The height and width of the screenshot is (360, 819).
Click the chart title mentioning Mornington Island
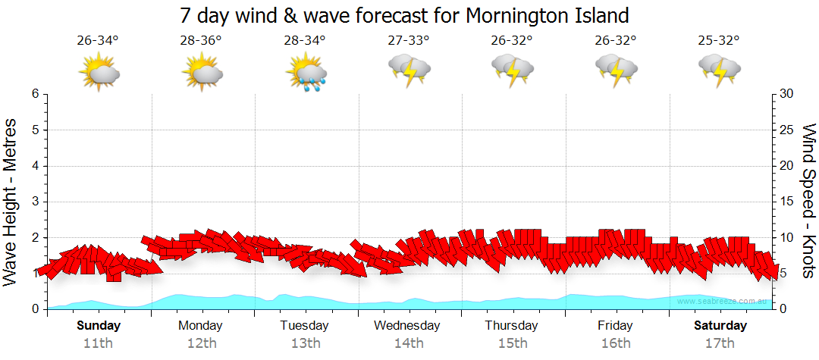tap(404, 15)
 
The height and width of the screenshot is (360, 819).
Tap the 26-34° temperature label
tap(98, 40)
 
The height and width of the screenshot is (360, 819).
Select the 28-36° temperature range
tap(201, 40)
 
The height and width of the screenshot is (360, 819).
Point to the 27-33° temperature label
tap(408, 40)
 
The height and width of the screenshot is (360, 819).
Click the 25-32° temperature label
tap(718, 40)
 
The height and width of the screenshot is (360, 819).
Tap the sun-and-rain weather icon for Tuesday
tap(306, 73)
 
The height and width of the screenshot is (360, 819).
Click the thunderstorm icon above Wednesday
tap(409, 70)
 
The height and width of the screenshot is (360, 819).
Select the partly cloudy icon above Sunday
tap(99, 73)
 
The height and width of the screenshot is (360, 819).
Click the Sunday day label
tap(99, 326)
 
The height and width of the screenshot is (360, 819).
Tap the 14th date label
tap(408, 343)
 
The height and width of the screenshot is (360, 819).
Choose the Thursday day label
tap(511, 326)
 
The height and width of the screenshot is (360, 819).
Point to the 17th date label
tap(719, 343)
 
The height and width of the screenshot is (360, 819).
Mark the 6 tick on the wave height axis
tap(35, 94)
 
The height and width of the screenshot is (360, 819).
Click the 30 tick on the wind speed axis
tap(787, 94)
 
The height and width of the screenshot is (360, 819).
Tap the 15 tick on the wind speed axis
tap(786, 202)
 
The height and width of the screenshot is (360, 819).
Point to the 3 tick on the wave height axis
tap(35, 202)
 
